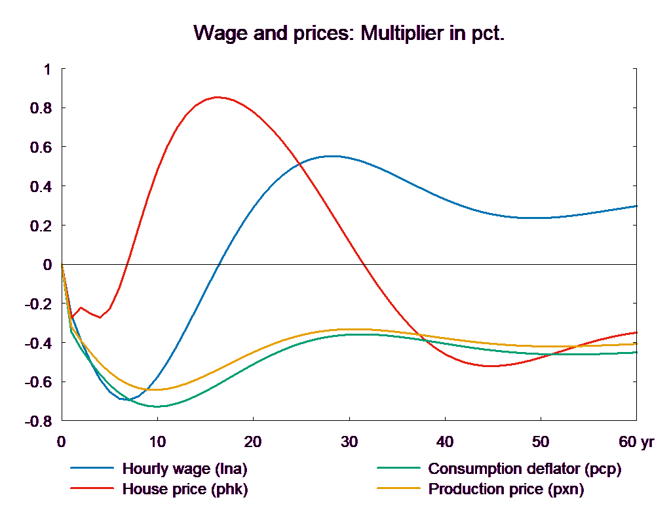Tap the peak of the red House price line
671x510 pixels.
point(218,97)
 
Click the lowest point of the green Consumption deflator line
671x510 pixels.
point(157,406)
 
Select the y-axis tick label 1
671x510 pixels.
point(46,69)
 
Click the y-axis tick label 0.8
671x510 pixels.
point(41,108)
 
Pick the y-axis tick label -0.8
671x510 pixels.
point(38,422)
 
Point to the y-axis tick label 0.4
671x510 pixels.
point(41,187)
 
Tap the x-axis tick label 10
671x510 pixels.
point(157,442)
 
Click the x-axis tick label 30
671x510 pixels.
point(349,442)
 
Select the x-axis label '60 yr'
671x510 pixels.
point(636,442)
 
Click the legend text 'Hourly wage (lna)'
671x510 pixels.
point(185,469)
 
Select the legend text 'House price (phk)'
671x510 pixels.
point(185,489)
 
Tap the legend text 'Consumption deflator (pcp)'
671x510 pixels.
point(524,469)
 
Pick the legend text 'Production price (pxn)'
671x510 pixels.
point(506,489)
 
